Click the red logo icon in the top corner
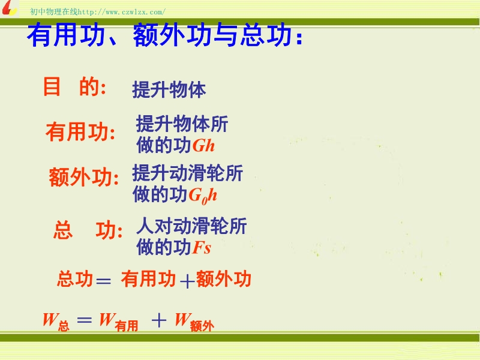[x=9, y=8]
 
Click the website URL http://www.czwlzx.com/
[x=122, y=12]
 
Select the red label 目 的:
[x=74, y=86]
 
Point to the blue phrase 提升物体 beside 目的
[x=169, y=89]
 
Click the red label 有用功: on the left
[x=80, y=132]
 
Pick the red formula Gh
[x=203, y=145]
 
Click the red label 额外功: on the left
[x=84, y=177]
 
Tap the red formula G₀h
[x=203, y=196]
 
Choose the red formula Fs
[x=202, y=247]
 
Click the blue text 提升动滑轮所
[x=188, y=173]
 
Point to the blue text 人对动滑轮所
[x=191, y=226]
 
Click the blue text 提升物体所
[x=182, y=124]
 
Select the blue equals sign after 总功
[x=103, y=281]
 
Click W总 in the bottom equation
[x=56, y=322]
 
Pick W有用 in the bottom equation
[x=118, y=322]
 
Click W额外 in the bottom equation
[x=194, y=322]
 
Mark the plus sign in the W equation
[x=159, y=320]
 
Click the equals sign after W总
[x=85, y=320]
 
